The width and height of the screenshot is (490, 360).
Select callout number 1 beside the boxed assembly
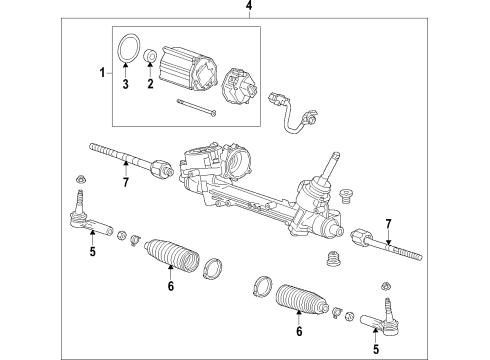[x=100, y=73]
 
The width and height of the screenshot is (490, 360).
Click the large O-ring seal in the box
[x=128, y=48]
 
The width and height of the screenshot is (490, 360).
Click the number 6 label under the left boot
[x=170, y=286]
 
